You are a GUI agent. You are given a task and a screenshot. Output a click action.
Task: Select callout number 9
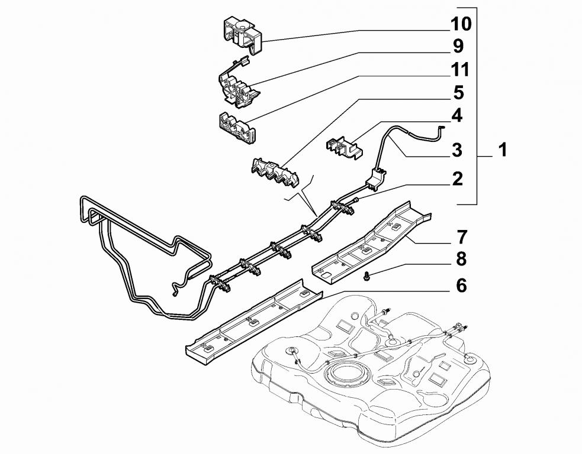pos(458,46)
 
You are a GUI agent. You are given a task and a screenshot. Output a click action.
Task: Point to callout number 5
pos(458,93)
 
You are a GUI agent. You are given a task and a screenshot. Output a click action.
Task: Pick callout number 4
pos(456,116)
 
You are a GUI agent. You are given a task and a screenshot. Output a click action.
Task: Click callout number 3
pos(456,150)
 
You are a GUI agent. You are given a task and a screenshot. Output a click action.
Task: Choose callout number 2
pos(456,179)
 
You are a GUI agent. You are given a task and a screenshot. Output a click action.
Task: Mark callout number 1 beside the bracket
pos(502,150)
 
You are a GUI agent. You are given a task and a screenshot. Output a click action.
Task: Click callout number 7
pos(462,238)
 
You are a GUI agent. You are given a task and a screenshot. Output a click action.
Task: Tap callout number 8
pos(462,259)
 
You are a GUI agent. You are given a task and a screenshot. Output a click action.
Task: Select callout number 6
pos(462,286)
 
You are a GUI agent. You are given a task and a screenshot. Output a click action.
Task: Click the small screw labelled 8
pos(366,275)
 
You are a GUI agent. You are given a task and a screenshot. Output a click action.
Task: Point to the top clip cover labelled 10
pos(241,33)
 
